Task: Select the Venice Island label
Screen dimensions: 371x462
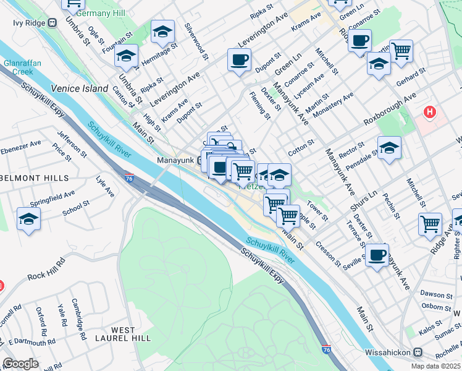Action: (80, 88)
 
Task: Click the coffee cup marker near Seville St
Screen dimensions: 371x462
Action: (376, 254)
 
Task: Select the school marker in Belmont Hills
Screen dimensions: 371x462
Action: (28, 220)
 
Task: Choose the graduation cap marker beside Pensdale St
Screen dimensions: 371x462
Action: (390, 148)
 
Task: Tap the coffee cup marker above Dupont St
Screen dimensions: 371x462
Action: (238, 60)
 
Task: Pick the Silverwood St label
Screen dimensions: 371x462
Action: (196, 42)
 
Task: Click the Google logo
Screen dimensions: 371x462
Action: (21, 364)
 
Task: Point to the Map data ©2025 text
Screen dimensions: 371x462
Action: (435, 366)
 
